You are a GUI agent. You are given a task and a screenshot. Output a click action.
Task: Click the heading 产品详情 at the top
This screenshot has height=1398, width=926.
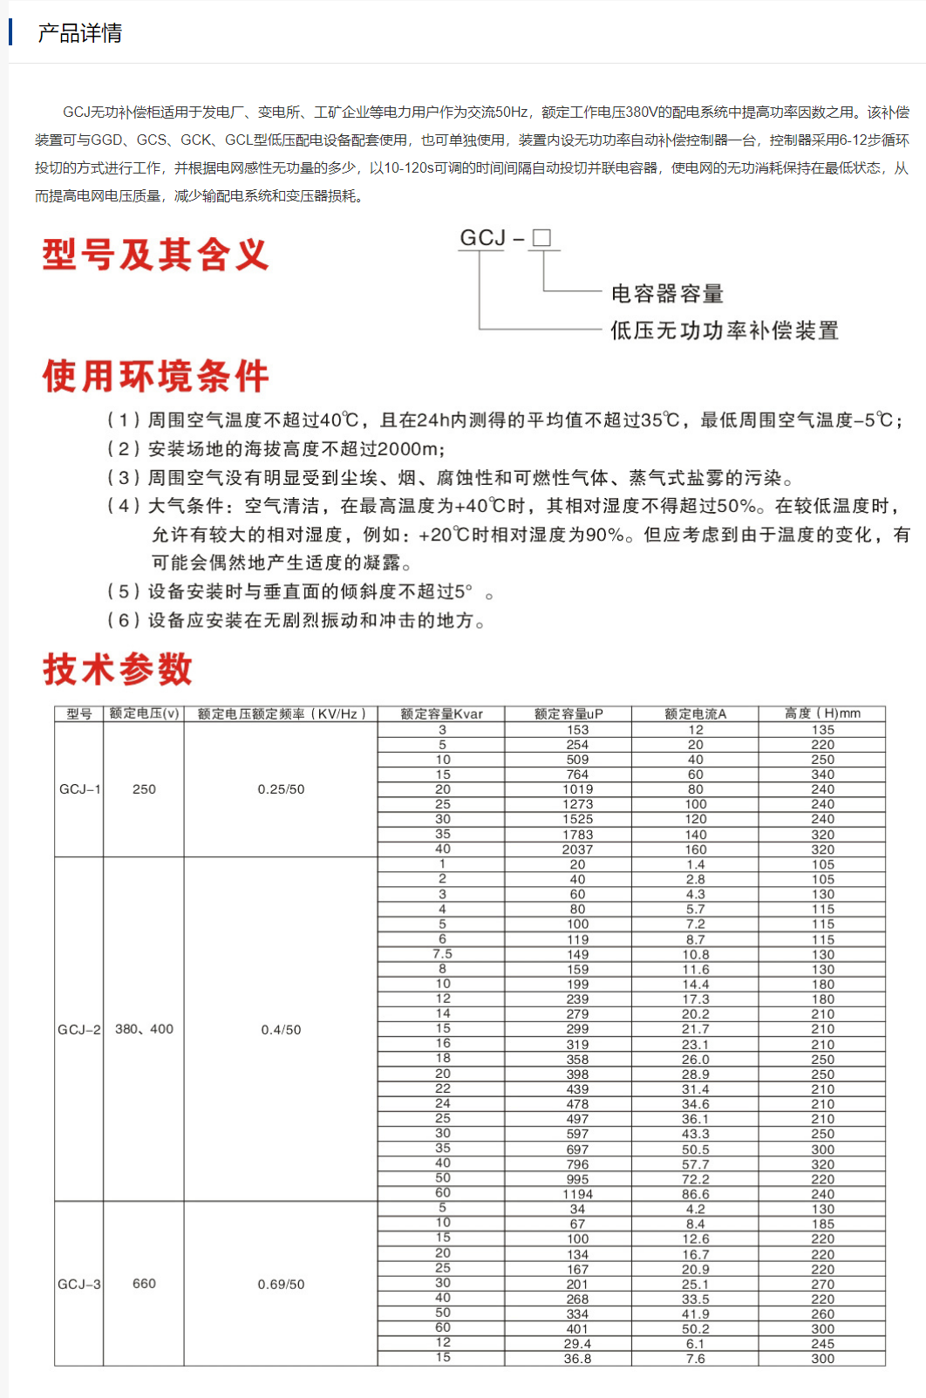pyautogui.click(x=79, y=33)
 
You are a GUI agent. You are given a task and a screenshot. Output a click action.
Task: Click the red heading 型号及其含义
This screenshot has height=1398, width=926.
pyautogui.click(x=155, y=255)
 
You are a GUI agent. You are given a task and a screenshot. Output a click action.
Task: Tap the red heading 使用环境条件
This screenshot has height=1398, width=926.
pyautogui.click(x=155, y=377)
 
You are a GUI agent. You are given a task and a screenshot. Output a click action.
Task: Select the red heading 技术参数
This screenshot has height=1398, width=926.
pyautogui.click(x=118, y=669)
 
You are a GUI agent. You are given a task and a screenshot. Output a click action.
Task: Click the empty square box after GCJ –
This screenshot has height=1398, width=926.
pyautogui.click(x=541, y=238)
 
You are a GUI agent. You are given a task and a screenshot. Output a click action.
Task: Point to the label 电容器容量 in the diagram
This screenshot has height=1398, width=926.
pyautogui.click(x=667, y=294)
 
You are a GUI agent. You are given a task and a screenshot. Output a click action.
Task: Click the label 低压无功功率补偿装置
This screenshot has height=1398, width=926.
pyautogui.click(x=724, y=331)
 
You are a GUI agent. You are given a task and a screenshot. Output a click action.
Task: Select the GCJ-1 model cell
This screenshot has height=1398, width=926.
pyautogui.click(x=79, y=789)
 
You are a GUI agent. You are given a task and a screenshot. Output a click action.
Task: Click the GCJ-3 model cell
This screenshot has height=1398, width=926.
pyautogui.click(x=79, y=1284)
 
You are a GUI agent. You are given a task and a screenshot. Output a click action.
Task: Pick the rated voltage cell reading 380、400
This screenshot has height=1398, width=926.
pyautogui.click(x=144, y=1029)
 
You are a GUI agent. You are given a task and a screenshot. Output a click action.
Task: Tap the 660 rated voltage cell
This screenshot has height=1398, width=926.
pyautogui.click(x=144, y=1284)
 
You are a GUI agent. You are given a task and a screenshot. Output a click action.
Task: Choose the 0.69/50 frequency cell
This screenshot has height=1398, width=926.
pyautogui.click(x=281, y=1285)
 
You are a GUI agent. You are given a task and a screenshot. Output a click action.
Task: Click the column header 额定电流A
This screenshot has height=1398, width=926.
pyautogui.click(x=695, y=713)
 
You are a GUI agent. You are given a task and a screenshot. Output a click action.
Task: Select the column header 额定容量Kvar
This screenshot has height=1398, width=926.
pyautogui.click(x=441, y=713)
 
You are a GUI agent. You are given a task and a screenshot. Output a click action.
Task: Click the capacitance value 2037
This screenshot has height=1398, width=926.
pyautogui.click(x=577, y=849)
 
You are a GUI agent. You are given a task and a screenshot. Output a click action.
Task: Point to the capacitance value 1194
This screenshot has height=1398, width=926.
pyautogui.click(x=577, y=1194)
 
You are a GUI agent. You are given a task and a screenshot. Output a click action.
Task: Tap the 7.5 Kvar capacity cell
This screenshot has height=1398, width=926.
pyautogui.click(x=442, y=954)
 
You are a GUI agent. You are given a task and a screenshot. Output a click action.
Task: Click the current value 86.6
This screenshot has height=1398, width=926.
pyautogui.click(x=695, y=1194)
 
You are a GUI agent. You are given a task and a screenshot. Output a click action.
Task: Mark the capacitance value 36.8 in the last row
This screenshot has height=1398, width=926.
pyautogui.click(x=577, y=1359)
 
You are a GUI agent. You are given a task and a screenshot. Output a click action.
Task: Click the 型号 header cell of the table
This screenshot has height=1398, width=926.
pyautogui.click(x=79, y=713)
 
